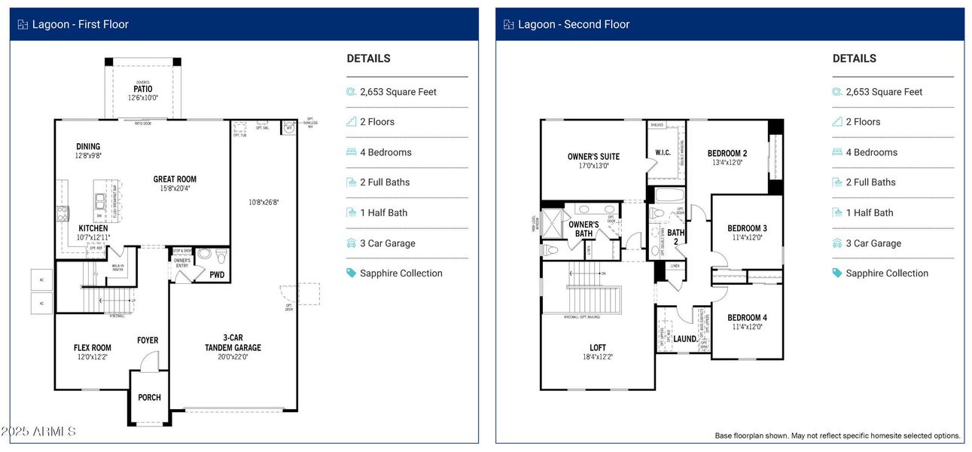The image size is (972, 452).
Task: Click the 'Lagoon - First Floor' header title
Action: pyautogui.click(x=80, y=24)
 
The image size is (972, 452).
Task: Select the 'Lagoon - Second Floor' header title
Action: pyautogui.click(x=574, y=24)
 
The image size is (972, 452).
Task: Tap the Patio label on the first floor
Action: pyautogui.click(x=142, y=89)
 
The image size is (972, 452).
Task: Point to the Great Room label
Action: pyautogui.click(x=175, y=179)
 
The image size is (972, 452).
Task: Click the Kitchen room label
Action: pyautogui.click(x=93, y=228)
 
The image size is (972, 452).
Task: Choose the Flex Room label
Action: pyautogui.click(x=93, y=348)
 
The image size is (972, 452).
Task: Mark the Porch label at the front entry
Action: pyautogui.click(x=149, y=398)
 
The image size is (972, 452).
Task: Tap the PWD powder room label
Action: pyautogui.click(x=217, y=275)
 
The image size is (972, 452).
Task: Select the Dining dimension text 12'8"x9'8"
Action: pyautogui.click(x=88, y=156)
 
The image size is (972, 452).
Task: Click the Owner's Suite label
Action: pyautogui.click(x=593, y=157)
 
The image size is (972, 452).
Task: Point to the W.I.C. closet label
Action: pyautogui.click(x=663, y=153)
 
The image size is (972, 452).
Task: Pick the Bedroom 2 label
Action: pyautogui.click(x=727, y=154)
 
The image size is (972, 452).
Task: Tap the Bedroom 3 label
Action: pyautogui.click(x=747, y=228)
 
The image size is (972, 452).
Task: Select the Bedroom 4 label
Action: pyautogui.click(x=747, y=318)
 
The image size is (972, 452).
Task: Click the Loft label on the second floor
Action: pyautogui.click(x=598, y=348)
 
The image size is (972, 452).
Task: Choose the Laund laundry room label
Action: pyautogui.click(x=684, y=339)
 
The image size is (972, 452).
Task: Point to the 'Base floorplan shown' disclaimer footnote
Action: pyautogui.click(x=837, y=435)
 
